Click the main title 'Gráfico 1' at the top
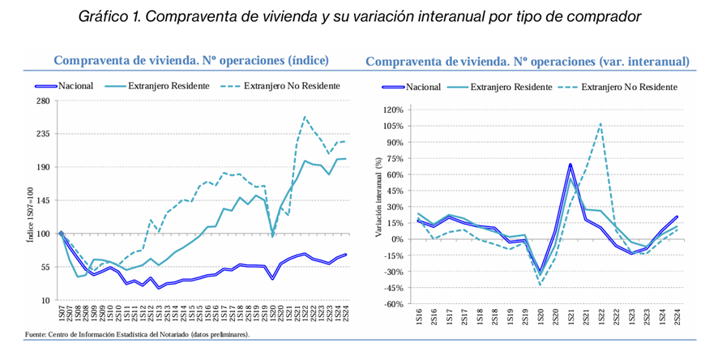tap(358, 16)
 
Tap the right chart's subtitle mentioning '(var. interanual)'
tap(528, 62)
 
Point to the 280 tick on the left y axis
tap(42, 101)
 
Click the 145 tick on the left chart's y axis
tap(42, 200)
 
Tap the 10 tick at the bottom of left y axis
tap(45, 300)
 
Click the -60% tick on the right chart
tap(392, 304)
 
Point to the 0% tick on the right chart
tap(396, 239)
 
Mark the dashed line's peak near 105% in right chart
tap(600, 124)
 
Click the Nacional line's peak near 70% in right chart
tap(571, 165)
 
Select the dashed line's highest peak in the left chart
tap(305, 117)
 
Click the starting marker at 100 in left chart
tap(62, 234)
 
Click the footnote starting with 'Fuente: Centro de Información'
tap(137, 334)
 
